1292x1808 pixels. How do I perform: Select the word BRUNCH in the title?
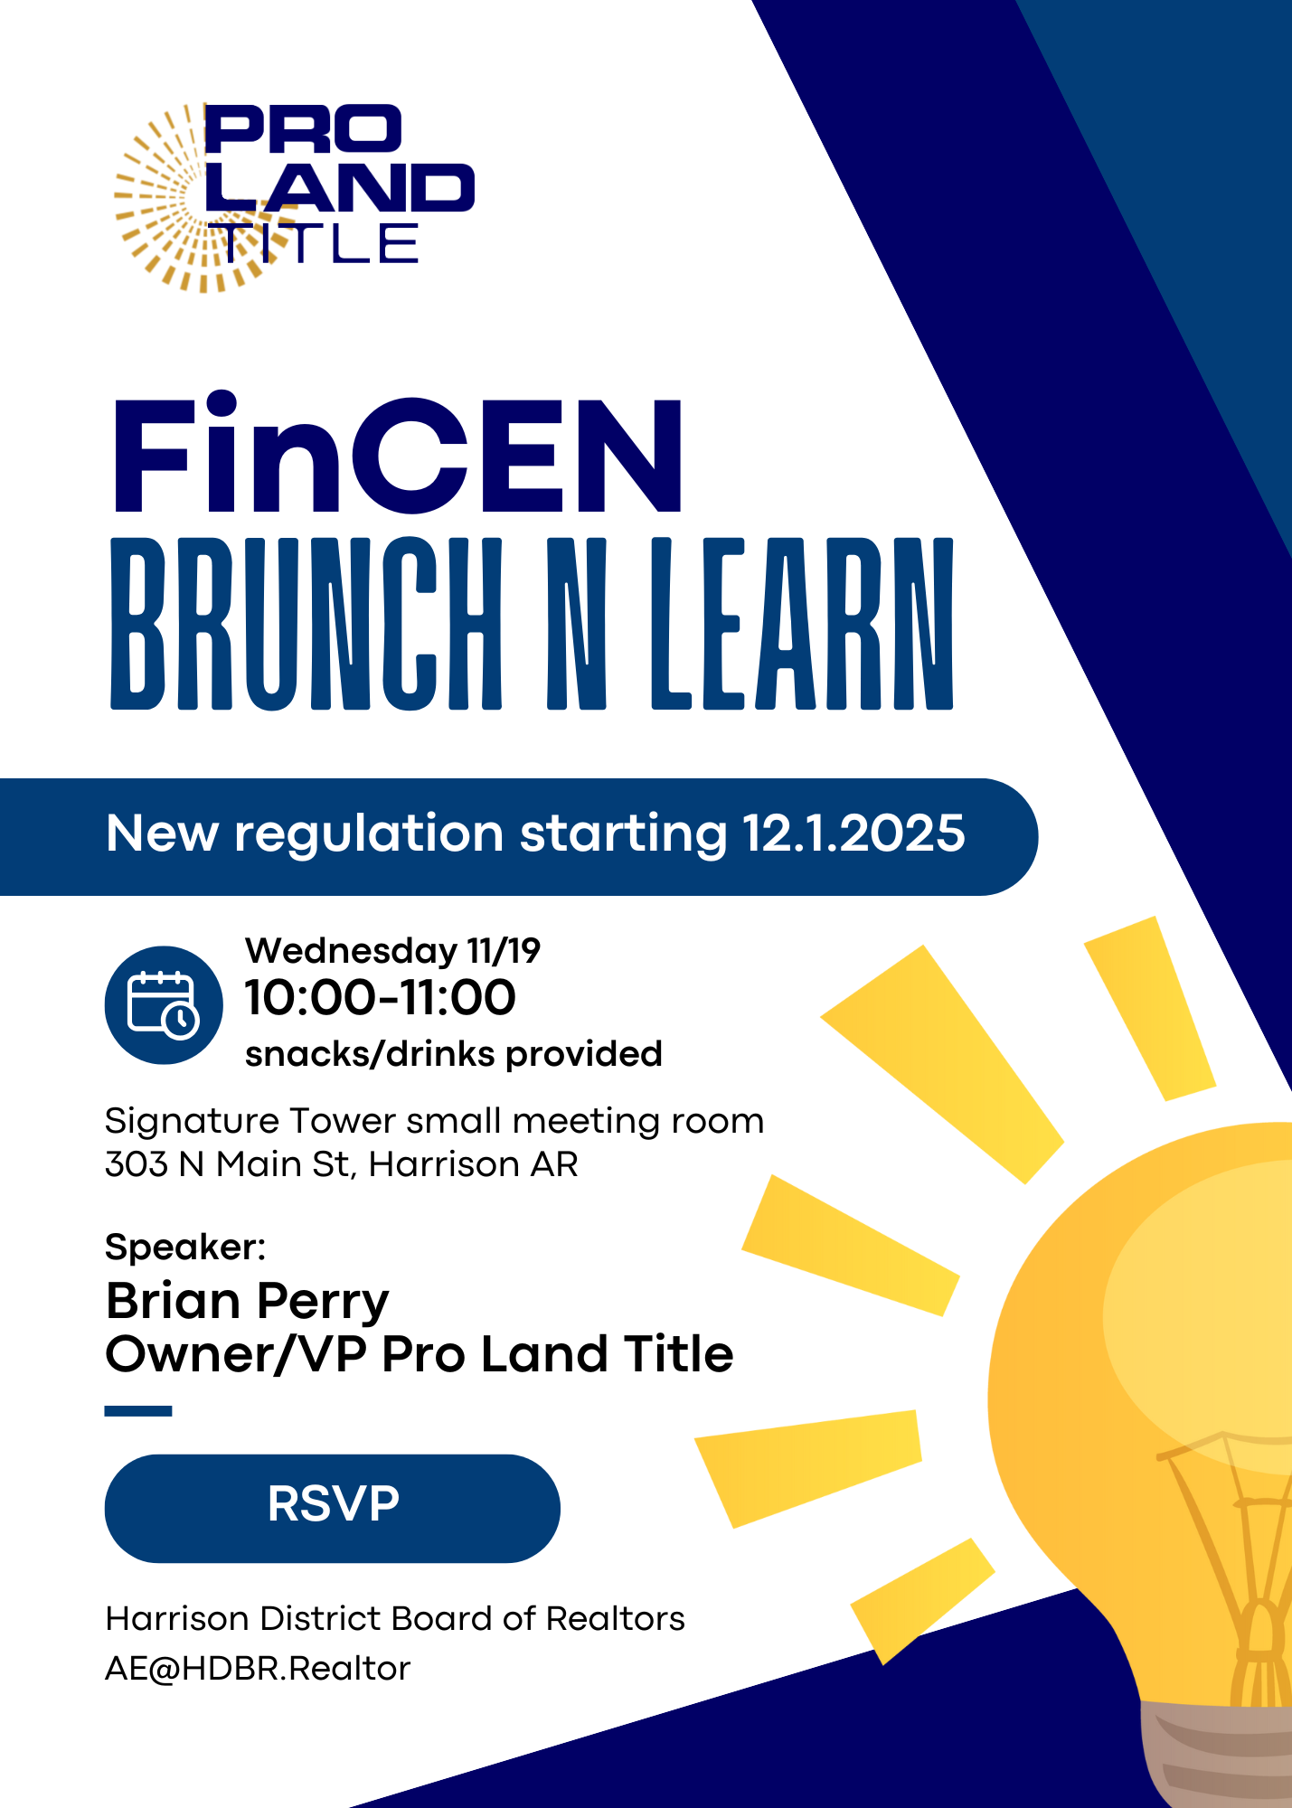306,624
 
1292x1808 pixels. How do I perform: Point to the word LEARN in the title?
802,624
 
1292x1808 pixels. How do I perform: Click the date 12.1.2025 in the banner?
853,833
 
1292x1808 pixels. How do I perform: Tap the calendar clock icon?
164,1005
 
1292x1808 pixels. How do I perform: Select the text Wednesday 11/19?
392,950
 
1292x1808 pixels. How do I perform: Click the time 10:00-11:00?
380,998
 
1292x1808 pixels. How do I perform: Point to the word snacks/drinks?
370,1054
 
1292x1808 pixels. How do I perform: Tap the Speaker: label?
185,1248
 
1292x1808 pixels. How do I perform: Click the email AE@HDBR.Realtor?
258,1669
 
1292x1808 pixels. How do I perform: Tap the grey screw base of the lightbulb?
1216,1754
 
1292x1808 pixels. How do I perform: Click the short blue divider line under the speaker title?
138,1411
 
